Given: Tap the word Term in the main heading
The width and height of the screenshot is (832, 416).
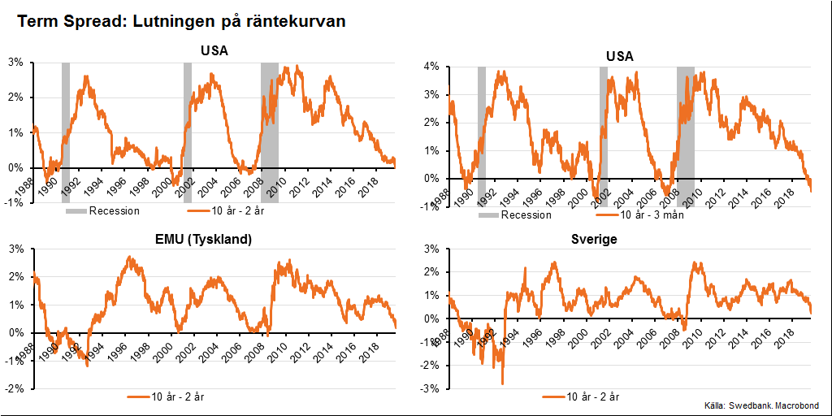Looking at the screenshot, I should point(38,21).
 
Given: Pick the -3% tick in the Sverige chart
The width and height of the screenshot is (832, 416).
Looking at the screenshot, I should point(431,389).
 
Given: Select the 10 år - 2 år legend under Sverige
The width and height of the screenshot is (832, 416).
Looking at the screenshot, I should point(591,396).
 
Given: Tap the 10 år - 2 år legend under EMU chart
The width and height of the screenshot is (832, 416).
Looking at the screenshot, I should point(176,396).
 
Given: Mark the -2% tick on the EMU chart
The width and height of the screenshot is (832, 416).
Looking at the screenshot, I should point(15,389).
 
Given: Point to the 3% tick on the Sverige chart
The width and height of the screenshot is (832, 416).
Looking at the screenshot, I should point(431,249).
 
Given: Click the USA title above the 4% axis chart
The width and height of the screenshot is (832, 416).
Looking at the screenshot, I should point(620,56).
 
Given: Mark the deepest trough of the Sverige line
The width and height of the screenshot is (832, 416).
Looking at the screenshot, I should point(502,383).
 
